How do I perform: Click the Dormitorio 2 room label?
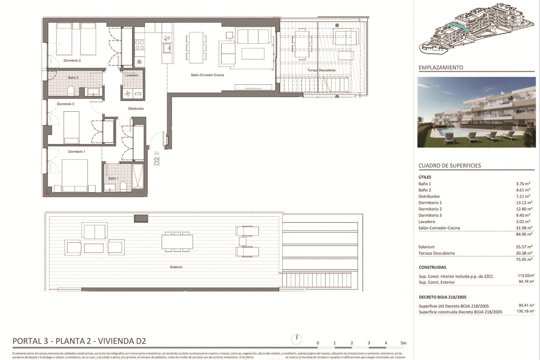[x=72, y=60]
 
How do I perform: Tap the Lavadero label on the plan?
[x=132, y=75]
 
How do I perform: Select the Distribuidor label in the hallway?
[x=136, y=109]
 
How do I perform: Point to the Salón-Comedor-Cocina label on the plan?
[x=207, y=75]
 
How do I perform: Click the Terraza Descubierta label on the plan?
[x=321, y=70]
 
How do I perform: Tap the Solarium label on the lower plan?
[x=176, y=267]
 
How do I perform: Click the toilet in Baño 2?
[x=71, y=91]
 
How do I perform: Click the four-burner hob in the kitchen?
[x=139, y=45]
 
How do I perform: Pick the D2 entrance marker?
[x=157, y=159]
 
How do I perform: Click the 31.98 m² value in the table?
[x=524, y=228]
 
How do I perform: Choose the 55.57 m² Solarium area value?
[x=524, y=247]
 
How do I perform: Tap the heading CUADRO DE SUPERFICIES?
[x=449, y=166]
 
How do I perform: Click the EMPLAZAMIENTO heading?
[x=440, y=67]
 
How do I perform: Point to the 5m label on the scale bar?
[x=403, y=343]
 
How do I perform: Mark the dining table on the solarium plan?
[x=177, y=242]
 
